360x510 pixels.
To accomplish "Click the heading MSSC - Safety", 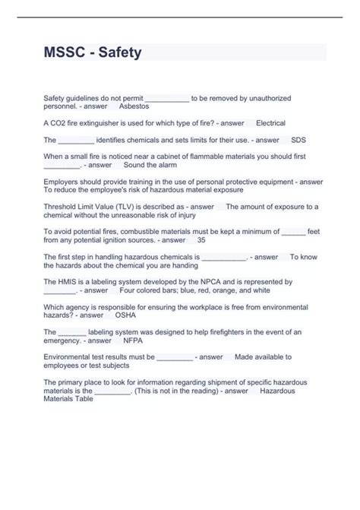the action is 92,53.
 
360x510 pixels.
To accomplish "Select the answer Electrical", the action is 270,123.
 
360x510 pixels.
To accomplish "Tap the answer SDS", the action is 298,140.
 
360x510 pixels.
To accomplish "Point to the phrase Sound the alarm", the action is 150,164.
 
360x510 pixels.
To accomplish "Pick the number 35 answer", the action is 201,239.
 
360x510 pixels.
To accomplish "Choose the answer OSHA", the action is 125,315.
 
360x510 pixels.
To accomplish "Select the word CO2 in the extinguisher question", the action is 58,123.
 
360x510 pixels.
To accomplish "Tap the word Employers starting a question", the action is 63,182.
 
